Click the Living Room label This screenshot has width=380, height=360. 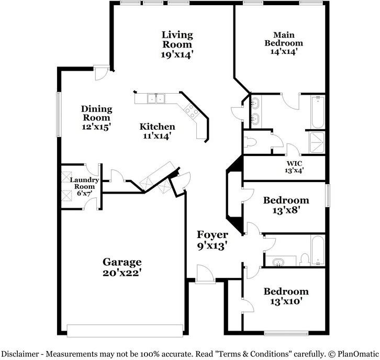click(177, 39)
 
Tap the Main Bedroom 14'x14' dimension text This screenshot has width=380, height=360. click(284, 52)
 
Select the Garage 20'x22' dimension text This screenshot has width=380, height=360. click(122, 273)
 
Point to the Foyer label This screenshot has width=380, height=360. click(212, 234)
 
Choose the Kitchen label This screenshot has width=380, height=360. click(157, 127)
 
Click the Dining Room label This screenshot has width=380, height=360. click(96, 113)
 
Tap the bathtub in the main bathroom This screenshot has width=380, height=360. click(317, 111)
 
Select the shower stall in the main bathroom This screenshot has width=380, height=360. click(317, 142)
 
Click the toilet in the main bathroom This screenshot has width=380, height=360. click(252, 142)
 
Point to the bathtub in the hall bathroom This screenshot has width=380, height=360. click(318, 250)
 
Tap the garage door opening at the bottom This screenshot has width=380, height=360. click(125, 330)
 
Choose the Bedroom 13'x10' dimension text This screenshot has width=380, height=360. click(286, 301)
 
